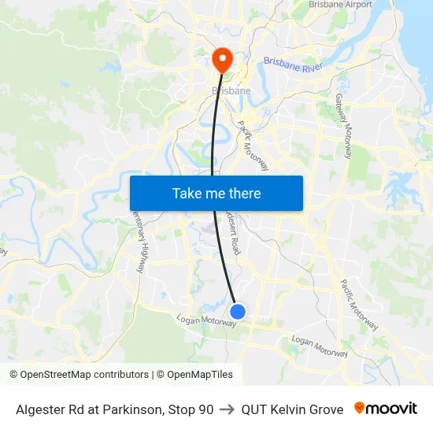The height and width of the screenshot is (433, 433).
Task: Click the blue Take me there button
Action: (216, 193)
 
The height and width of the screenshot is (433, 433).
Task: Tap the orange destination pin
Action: (222, 60)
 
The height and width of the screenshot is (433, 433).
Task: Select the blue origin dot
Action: (237, 312)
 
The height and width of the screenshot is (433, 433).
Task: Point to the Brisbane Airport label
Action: (340, 5)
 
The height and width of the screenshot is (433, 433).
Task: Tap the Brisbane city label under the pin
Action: (231, 91)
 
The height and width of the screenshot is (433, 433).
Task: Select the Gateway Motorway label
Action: (346, 127)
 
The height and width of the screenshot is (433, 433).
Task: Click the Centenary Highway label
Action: (139, 241)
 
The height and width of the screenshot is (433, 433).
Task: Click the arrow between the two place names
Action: (228, 409)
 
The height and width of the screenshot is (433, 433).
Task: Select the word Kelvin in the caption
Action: (290, 409)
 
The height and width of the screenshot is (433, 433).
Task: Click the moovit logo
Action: (386, 409)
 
